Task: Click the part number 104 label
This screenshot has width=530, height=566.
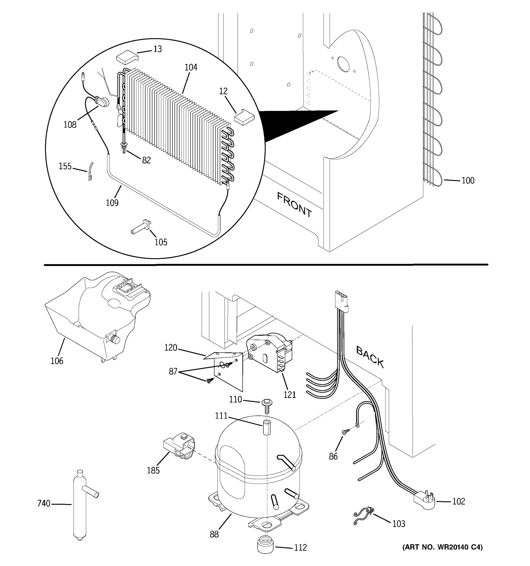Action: pos(191,67)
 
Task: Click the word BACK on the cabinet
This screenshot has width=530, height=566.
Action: pos(370,357)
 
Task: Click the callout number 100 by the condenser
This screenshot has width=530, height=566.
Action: pos(468,180)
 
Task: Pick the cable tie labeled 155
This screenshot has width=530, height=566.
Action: pos(90,172)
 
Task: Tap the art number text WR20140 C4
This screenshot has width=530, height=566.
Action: pos(442,547)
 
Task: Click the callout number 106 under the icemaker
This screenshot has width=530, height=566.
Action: pos(57,361)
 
